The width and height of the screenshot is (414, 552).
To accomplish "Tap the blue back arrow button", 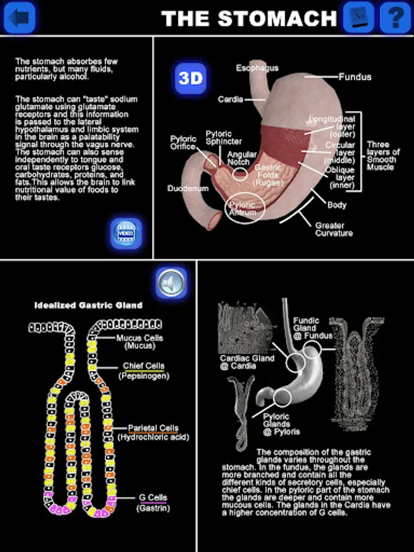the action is [20, 18].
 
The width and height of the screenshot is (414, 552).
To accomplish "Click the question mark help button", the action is [396, 18].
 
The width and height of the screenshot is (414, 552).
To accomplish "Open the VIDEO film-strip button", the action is [126, 234].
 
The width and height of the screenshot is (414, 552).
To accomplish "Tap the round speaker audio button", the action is [171, 283].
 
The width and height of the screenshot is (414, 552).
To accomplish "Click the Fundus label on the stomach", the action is [355, 77].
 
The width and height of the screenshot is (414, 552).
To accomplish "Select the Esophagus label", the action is [258, 68].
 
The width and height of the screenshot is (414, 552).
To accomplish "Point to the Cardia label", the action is [231, 99].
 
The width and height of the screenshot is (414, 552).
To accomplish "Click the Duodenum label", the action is [188, 188].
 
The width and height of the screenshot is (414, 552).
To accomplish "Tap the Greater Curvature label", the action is [334, 229].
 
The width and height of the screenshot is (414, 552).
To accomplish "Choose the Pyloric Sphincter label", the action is [224, 137].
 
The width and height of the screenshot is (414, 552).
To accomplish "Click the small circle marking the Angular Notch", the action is [240, 174].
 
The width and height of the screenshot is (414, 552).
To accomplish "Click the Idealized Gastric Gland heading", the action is [88, 305].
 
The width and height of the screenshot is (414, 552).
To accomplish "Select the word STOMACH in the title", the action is [277, 18].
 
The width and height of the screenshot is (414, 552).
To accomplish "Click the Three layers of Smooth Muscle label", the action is [383, 156].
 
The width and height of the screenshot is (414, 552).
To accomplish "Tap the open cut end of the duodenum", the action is [215, 221].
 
